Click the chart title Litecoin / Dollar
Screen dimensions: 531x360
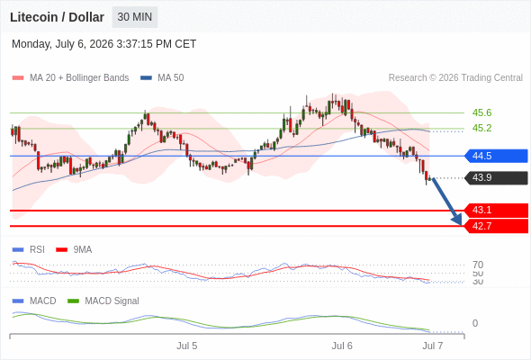coord(57,17)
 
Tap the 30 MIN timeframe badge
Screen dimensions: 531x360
coord(135,17)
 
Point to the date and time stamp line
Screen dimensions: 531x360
coord(104,44)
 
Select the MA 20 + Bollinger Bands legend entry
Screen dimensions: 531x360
coord(70,78)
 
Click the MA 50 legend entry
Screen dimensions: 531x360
coord(162,78)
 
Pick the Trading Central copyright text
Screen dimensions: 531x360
coord(455,78)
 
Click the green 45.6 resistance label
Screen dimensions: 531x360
coord(481,112)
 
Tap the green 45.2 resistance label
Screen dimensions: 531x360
coord(481,128)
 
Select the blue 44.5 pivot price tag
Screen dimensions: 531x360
coord(496,156)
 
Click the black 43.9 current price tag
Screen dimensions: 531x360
coord(496,178)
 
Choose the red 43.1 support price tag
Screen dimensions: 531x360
coord(496,210)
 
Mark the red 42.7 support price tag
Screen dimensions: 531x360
coord(496,226)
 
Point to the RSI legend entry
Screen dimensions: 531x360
coord(29,250)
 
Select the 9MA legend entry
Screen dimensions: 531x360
coord(74,250)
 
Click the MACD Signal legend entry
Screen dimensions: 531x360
coord(103,301)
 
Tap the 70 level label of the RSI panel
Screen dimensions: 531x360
coord(478,265)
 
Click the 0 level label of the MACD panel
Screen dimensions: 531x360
coord(475,323)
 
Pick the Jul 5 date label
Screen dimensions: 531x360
coord(186,346)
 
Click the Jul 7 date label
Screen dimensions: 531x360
coord(433,346)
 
